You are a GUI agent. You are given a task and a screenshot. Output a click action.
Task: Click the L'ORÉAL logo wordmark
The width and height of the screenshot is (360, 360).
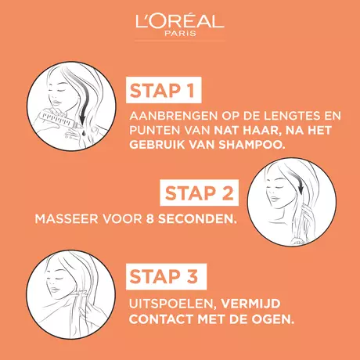click(x=180, y=21)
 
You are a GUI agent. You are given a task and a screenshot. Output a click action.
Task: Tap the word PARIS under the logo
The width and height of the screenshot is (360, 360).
click(x=180, y=34)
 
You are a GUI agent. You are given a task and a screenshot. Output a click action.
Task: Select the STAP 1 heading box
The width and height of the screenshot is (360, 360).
click(x=164, y=90)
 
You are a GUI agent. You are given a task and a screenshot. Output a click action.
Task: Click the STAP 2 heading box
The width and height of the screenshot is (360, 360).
click(x=200, y=193)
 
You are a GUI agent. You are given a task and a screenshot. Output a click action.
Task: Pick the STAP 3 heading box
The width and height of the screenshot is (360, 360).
click(x=166, y=276)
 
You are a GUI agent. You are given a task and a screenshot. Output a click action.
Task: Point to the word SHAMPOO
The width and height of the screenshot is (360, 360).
click(x=251, y=145)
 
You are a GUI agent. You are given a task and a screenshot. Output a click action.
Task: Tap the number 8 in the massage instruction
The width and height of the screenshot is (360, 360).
click(x=149, y=219)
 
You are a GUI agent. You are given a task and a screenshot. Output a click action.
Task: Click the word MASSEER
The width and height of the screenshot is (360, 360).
click(x=67, y=219)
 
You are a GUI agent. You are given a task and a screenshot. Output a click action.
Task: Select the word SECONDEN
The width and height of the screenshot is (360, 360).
click(x=196, y=219)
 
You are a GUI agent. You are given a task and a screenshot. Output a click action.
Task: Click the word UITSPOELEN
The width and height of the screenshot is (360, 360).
click(x=172, y=304)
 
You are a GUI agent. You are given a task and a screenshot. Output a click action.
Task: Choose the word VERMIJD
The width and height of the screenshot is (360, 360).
click(x=250, y=304)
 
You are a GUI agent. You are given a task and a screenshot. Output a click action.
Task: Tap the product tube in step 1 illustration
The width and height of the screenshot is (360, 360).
click(x=59, y=120)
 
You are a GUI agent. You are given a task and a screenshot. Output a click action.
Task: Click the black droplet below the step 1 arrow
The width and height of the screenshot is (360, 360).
click(x=83, y=133)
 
